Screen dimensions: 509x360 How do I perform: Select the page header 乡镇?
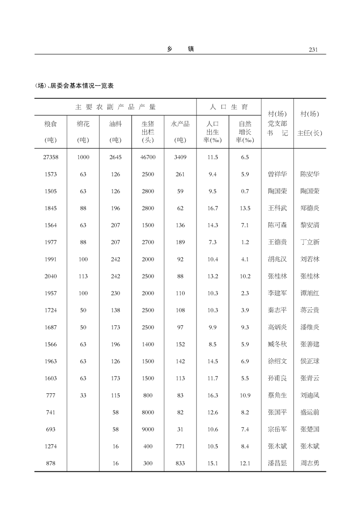click(180, 49)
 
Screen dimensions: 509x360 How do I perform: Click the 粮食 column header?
click(51, 123)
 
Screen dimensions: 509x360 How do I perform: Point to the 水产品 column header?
click(180, 123)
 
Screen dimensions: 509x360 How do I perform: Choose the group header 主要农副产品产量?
click(115, 107)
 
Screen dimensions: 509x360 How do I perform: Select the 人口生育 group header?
click(229, 107)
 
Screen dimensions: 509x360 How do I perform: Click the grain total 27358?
click(51, 157)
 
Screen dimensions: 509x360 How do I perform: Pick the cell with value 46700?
click(148, 157)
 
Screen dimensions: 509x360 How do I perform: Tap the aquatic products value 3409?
click(180, 157)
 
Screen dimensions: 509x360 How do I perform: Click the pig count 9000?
click(148, 429)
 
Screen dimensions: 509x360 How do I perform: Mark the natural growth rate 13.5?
click(245, 208)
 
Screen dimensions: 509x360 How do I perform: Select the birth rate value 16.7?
click(212, 208)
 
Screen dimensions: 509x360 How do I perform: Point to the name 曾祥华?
click(277, 174)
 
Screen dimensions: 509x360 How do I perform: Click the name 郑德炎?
click(310, 208)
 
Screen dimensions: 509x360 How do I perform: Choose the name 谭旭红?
click(310, 293)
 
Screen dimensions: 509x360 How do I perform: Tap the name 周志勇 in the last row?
click(310, 463)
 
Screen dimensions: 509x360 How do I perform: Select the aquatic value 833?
click(180, 463)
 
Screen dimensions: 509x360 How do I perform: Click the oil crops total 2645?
click(115, 157)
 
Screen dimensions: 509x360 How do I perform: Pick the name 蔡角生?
click(277, 395)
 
